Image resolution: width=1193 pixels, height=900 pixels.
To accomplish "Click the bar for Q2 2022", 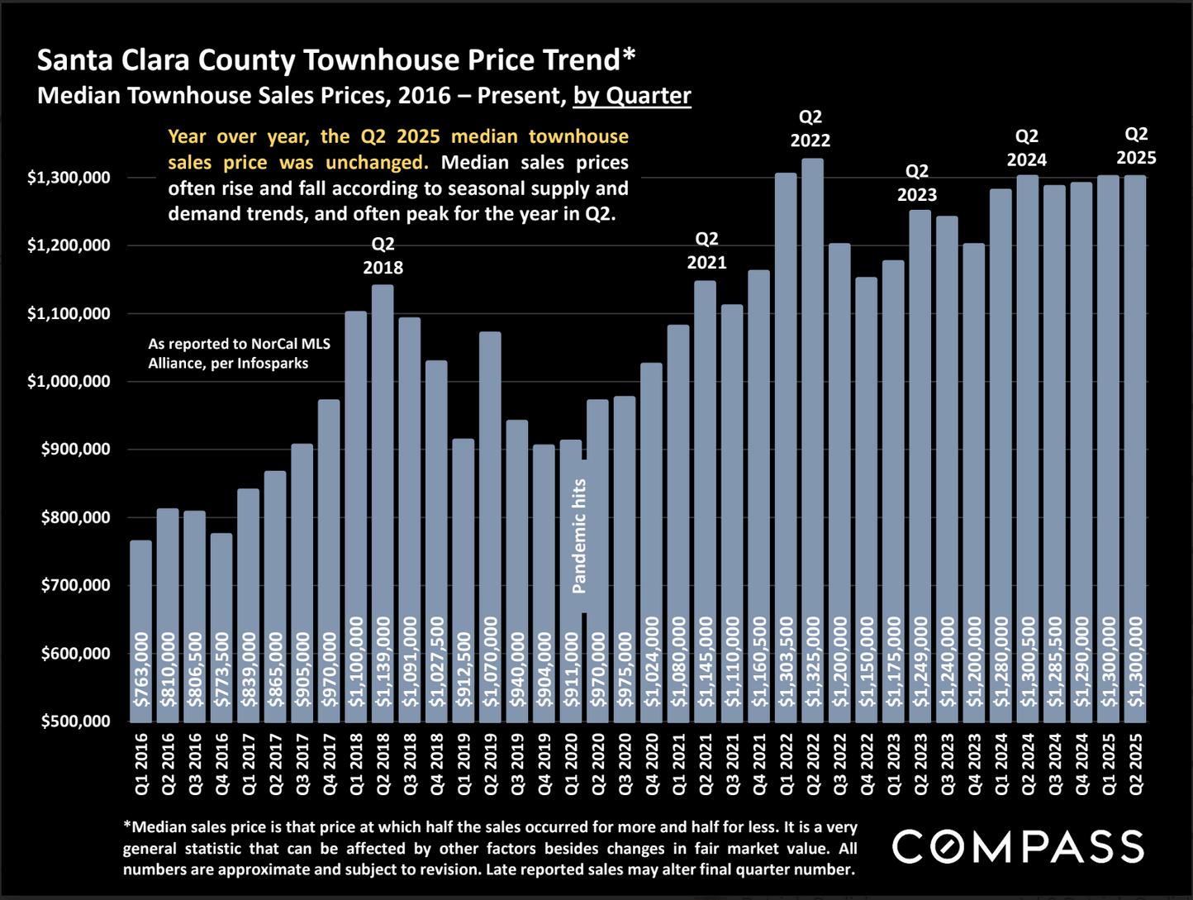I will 813,438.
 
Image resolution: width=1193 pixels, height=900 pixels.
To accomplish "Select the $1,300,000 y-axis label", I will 69,178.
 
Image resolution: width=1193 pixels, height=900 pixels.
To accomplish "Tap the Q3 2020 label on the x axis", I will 625,764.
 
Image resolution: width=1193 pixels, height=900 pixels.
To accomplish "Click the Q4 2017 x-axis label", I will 330,764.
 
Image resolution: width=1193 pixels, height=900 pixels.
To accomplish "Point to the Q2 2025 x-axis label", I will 1137,764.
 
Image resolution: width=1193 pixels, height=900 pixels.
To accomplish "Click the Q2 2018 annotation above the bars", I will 383,256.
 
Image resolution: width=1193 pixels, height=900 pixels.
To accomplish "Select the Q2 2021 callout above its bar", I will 706,250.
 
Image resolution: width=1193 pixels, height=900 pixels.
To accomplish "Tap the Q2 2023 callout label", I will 917,183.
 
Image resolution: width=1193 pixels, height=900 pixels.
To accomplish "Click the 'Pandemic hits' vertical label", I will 579,536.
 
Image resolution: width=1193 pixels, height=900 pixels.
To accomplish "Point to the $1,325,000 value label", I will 813,662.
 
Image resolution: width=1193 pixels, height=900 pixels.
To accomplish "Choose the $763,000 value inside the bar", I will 141,670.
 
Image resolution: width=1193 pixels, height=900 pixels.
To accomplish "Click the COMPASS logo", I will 1018,847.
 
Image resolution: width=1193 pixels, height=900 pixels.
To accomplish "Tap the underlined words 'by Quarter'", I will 632,96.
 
